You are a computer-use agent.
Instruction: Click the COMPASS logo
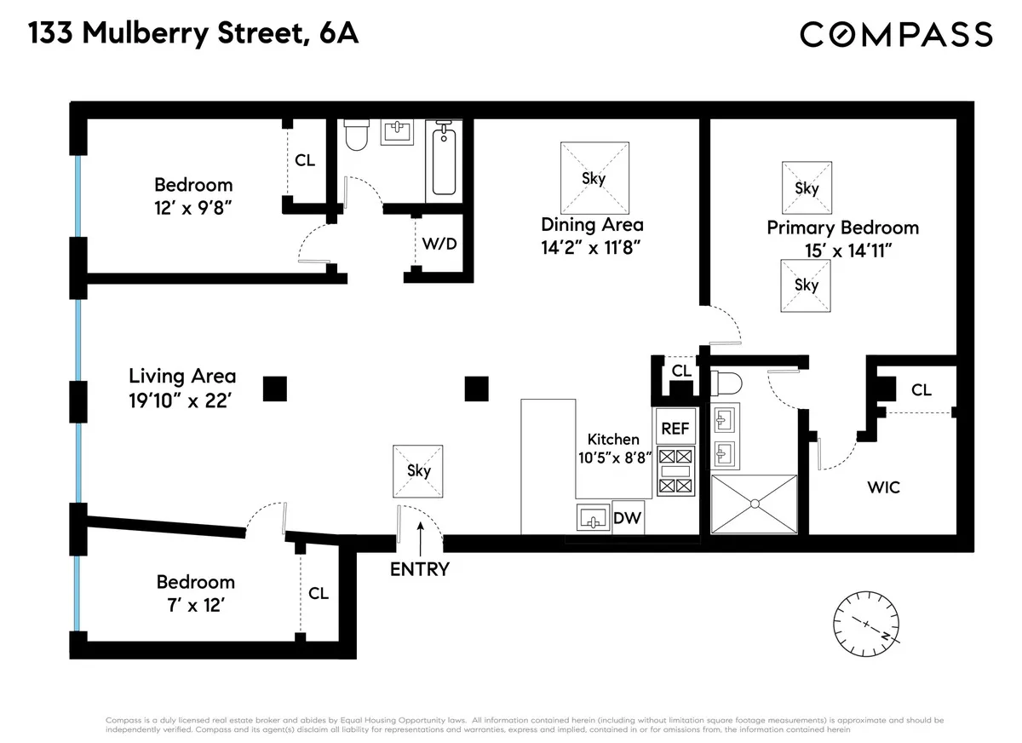[x=896, y=34]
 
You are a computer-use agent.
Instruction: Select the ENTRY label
[x=419, y=569]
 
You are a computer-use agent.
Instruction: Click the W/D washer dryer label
[x=439, y=244]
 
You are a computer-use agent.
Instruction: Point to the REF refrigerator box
[x=675, y=428]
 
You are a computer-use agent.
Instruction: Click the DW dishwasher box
[x=627, y=517]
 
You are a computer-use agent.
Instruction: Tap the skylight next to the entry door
[x=418, y=470]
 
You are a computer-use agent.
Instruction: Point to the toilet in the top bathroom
[x=355, y=136]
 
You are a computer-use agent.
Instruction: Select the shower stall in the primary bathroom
[x=754, y=504]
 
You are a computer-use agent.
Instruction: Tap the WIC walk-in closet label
[x=883, y=487]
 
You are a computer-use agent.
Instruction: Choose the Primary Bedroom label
[x=842, y=228]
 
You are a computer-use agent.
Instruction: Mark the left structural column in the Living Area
[x=274, y=389]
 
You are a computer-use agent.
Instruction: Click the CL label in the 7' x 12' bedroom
[x=319, y=593]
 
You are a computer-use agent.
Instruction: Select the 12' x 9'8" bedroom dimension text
[x=193, y=206]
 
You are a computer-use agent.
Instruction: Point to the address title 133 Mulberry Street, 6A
[x=193, y=34]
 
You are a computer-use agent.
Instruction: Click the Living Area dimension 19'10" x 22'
[x=182, y=401]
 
